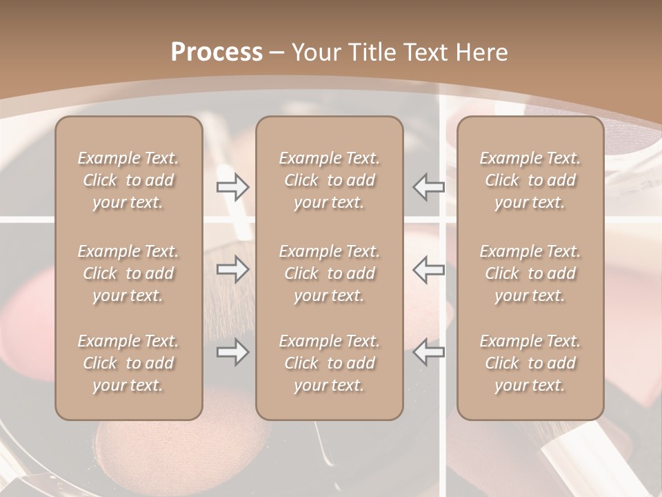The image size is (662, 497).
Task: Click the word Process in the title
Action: [x=217, y=52]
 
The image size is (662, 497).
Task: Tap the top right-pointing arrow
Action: [x=232, y=187]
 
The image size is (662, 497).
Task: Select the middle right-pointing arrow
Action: [x=232, y=269]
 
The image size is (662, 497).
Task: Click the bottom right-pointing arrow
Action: [x=232, y=352]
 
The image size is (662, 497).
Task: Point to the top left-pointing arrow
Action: [x=429, y=187]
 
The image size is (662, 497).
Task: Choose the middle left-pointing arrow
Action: [x=429, y=269]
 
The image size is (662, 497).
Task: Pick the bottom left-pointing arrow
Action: [x=429, y=352]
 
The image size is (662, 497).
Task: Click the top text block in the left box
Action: [x=128, y=180]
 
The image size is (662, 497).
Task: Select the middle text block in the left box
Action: [x=128, y=273]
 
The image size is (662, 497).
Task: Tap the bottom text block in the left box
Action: [x=128, y=363]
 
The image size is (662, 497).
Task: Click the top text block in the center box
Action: [x=329, y=180]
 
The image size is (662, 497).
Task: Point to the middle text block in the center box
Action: [x=329, y=273]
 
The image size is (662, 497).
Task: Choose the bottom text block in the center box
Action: [x=329, y=363]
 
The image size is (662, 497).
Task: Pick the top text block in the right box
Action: [x=530, y=180]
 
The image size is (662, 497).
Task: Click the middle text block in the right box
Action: [x=530, y=273]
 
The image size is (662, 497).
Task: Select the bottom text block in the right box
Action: [x=530, y=363]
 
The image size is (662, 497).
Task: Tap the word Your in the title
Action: [x=317, y=52]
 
